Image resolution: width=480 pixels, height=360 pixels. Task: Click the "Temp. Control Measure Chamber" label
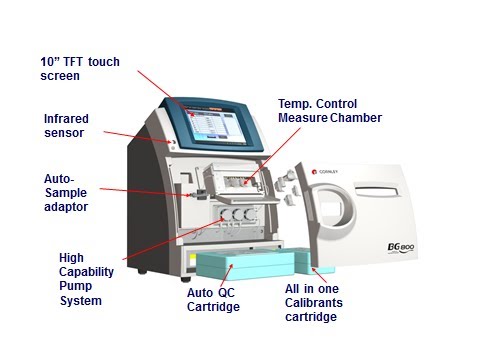330,110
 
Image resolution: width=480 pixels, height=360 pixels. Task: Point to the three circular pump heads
236,215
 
